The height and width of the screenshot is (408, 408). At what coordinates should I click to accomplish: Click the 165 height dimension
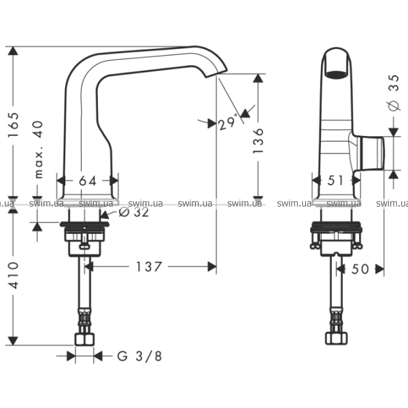coord(14,125)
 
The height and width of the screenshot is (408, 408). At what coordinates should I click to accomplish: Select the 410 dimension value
coord(14,275)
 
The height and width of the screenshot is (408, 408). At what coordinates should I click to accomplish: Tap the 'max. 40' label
coord(38,150)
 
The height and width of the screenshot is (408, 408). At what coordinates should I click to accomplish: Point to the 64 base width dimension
coord(88,181)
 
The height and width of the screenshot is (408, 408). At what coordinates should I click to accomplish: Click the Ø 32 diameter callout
coord(133,212)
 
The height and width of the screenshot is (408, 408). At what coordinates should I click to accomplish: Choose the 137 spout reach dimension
coord(148,267)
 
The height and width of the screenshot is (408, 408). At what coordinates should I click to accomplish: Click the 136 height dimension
coord(258,141)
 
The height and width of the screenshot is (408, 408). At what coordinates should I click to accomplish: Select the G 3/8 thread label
coord(139,356)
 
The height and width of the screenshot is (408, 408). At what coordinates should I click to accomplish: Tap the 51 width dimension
coord(335,180)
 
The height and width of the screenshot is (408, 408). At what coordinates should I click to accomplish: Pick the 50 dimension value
coord(360,269)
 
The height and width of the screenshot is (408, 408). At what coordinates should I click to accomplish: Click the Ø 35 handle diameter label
coord(394,92)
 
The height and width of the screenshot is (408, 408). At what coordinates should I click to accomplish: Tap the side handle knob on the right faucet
coord(371,153)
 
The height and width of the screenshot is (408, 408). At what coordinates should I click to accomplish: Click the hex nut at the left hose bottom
coord(84,339)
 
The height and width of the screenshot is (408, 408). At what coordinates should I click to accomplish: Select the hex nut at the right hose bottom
coord(336,338)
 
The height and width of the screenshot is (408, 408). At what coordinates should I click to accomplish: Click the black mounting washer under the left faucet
coord(84,224)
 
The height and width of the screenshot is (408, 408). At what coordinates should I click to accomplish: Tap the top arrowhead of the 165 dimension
coord(13,51)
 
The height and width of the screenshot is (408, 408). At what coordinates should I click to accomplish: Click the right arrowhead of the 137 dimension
coord(212,267)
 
